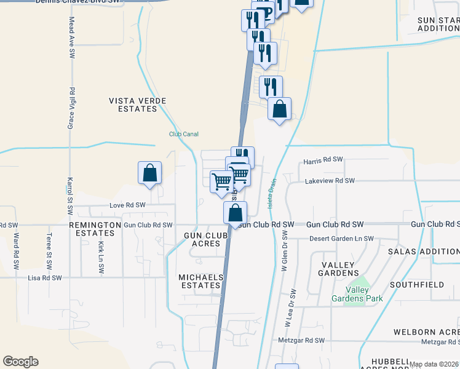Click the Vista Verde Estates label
[133, 105]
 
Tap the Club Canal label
[184, 134]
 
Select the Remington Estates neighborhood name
[95, 229]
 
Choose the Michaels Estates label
[200, 282]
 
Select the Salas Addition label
[423, 252]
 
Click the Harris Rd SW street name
[323, 160]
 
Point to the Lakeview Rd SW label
[330, 181]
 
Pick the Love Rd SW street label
[127, 205]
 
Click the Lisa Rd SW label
[45, 278]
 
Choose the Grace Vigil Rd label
[72, 108]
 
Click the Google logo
[20, 362]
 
